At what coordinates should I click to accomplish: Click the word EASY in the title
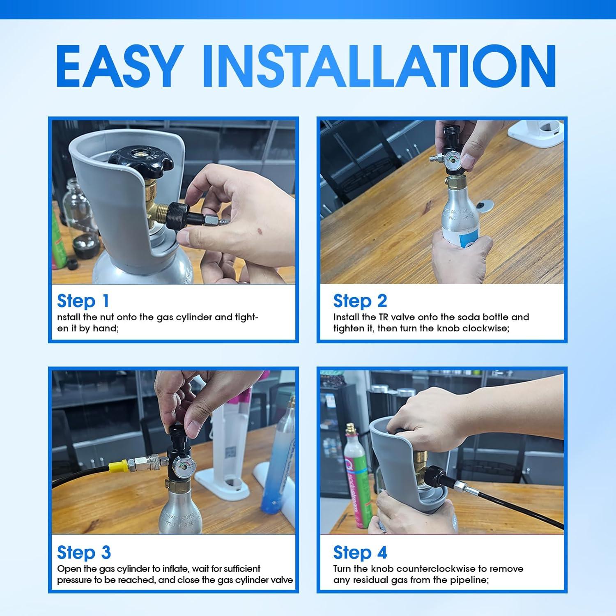[x=118, y=67]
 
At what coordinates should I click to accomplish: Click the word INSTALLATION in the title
[x=379, y=67]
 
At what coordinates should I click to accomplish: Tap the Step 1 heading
[x=83, y=301]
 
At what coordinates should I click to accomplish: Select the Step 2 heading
[x=360, y=301]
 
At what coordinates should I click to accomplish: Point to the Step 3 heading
[x=84, y=552]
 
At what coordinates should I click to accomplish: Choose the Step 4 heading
[x=360, y=552]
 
